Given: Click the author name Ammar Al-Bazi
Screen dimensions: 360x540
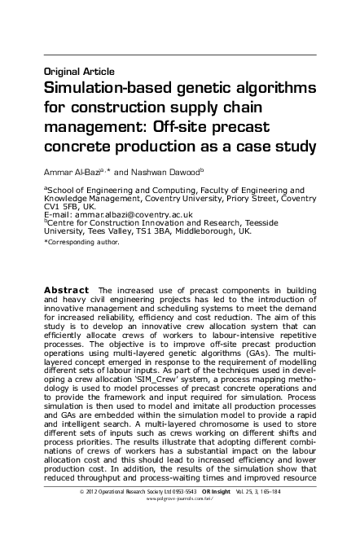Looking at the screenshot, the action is (74, 172).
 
